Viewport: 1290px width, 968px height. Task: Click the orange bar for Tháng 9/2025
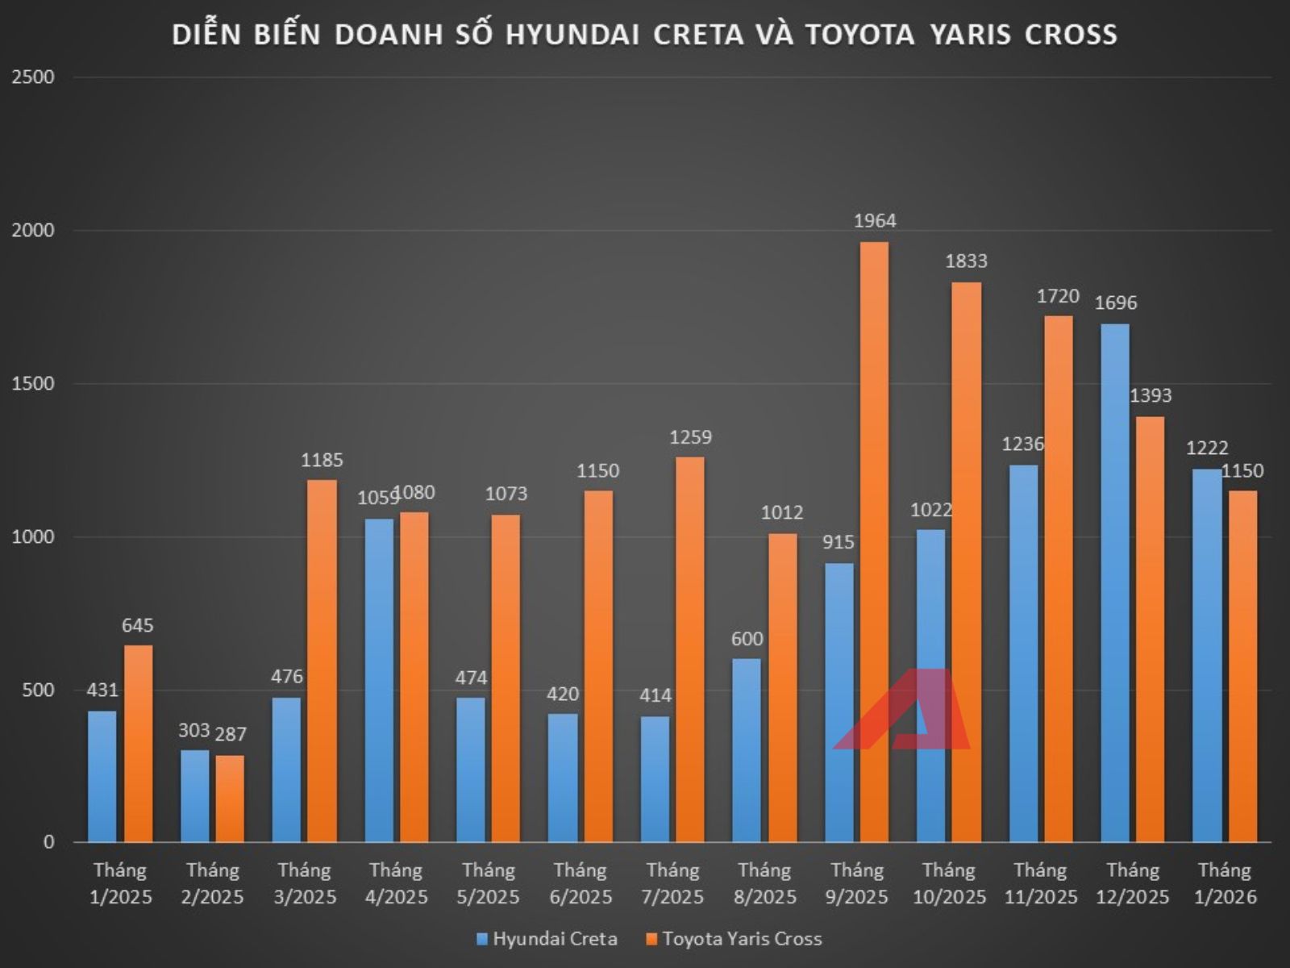click(x=874, y=540)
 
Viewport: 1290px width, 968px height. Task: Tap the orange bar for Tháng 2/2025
click(x=230, y=799)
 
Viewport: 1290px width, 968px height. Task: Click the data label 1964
click(x=875, y=220)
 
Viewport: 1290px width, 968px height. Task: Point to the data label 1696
click(x=1115, y=302)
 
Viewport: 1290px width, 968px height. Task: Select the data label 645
click(x=138, y=625)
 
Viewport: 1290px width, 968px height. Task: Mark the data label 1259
click(x=691, y=436)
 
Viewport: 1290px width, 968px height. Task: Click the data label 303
click(x=194, y=730)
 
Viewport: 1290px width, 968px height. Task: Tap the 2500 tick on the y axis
click(x=33, y=77)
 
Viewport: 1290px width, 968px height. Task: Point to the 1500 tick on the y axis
click(x=33, y=384)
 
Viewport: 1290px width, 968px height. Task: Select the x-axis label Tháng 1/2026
click(x=1224, y=883)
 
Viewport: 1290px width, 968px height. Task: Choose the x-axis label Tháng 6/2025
click(x=580, y=883)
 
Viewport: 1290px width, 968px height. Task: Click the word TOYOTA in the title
click(x=860, y=35)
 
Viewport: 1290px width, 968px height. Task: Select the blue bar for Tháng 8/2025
click(x=747, y=750)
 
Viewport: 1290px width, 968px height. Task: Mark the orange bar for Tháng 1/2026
click(x=1242, y=665)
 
